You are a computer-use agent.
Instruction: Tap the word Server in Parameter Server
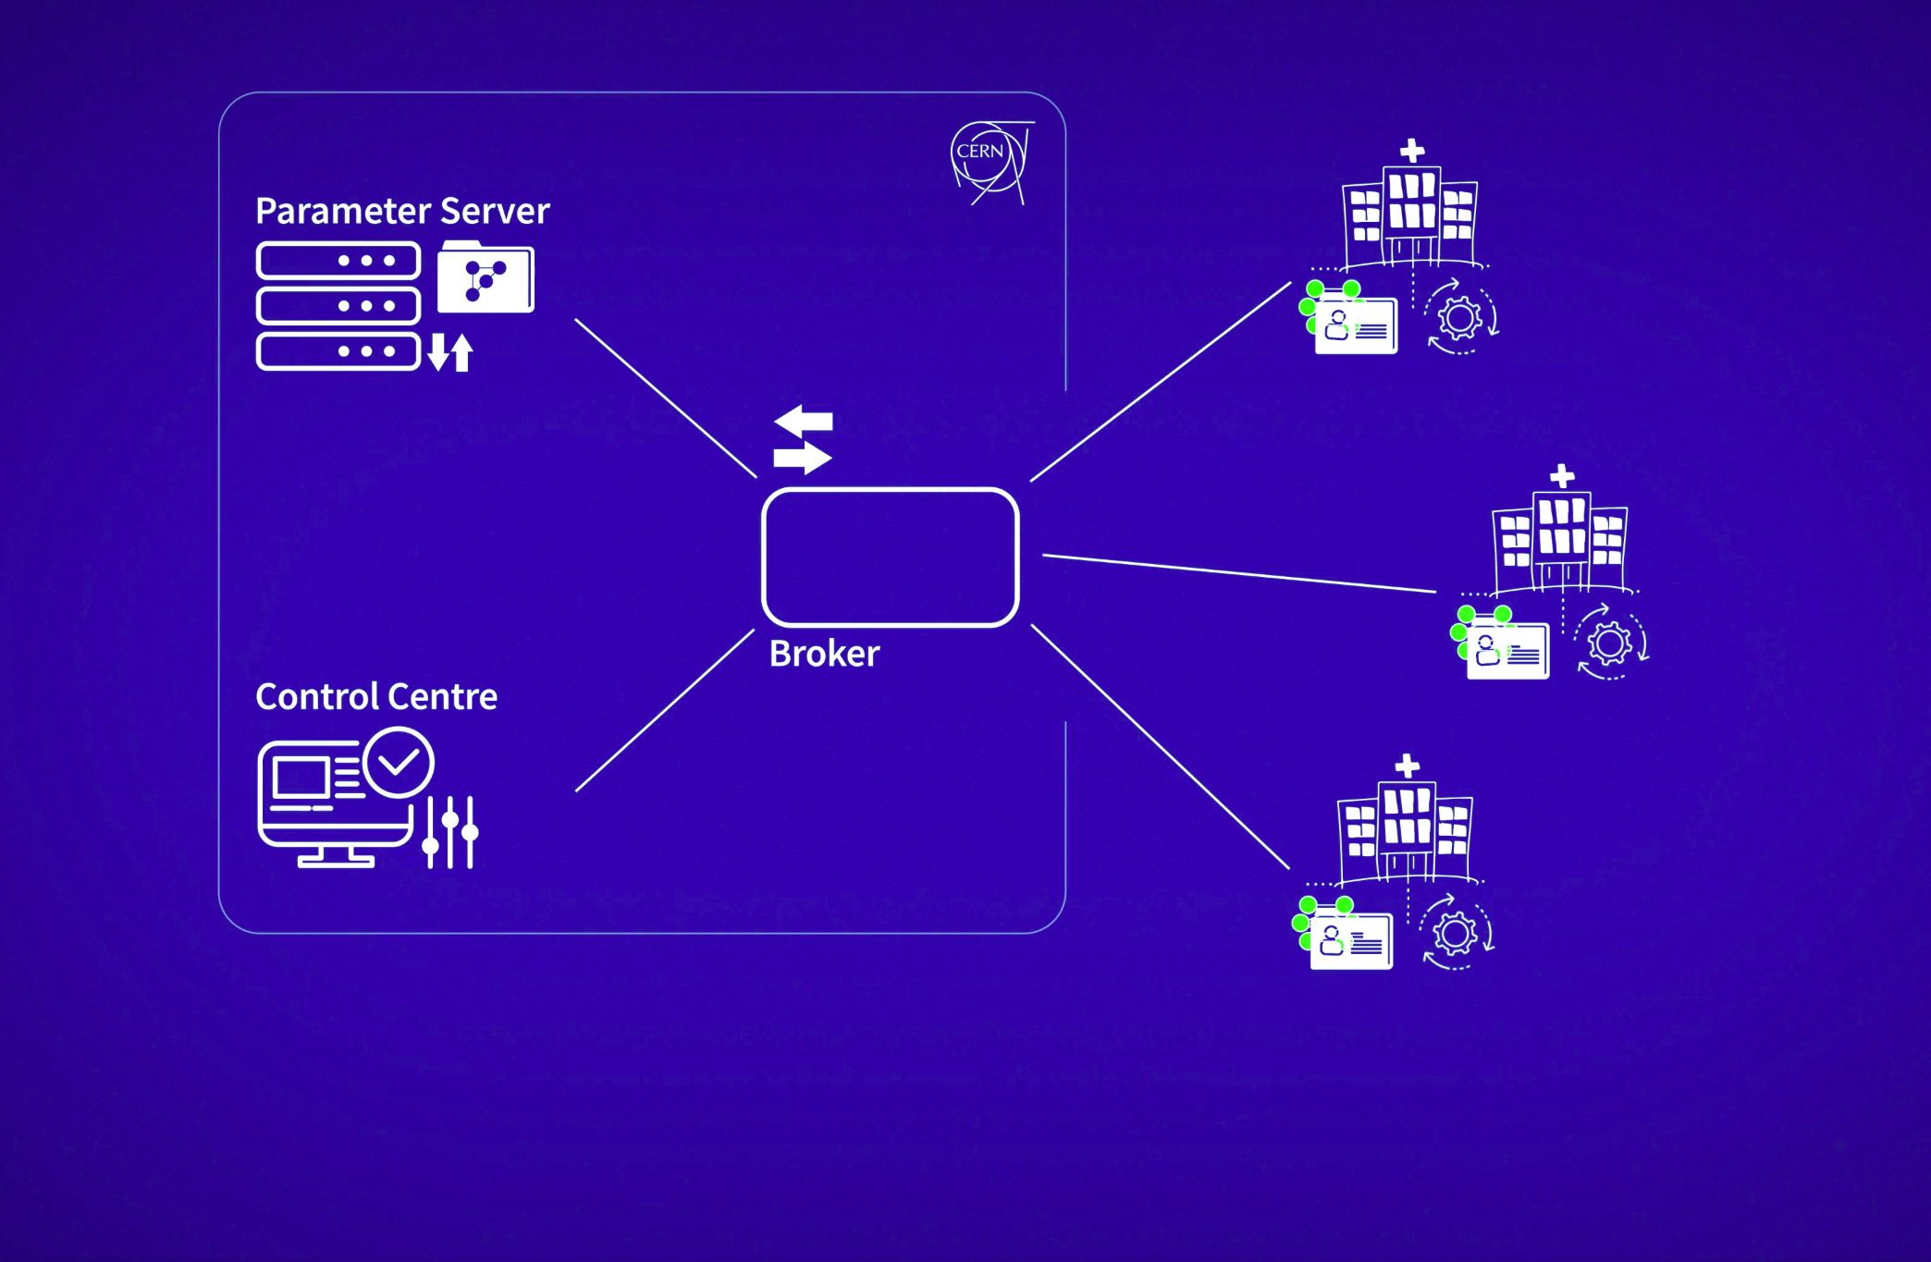[495, 211]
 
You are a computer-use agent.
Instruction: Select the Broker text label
[824, 654]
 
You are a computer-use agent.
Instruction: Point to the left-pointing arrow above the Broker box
[804, 422]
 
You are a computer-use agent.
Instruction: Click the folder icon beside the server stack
[486, 276]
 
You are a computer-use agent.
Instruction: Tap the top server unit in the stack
[338, 261]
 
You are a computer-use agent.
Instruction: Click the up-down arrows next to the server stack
[450, 352]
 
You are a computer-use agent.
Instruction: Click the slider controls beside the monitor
[450, 832]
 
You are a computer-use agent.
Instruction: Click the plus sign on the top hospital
[1412, 151]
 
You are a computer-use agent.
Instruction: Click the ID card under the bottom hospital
[1351, 941]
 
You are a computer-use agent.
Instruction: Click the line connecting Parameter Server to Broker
[666, 398]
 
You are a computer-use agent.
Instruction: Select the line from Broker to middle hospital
[1239, 573]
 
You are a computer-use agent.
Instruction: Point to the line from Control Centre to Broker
[665, 710]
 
